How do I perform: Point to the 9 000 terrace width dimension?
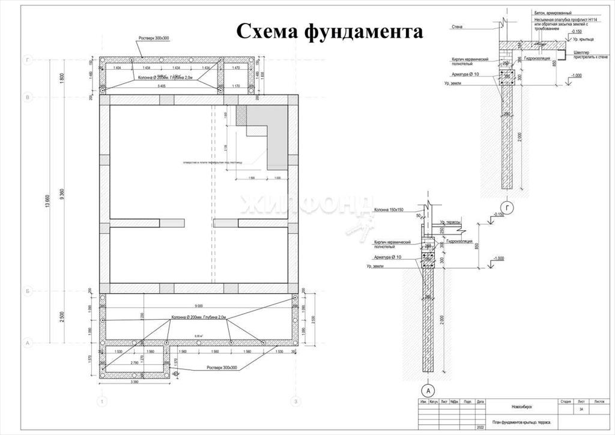[199, 305]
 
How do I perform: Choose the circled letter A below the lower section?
[430, 388]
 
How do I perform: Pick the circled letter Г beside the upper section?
[508, 208]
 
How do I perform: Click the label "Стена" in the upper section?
[458, 26]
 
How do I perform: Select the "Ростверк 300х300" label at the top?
[154, 38]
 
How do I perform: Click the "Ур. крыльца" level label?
[584, 39]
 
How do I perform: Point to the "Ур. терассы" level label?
[450, 222]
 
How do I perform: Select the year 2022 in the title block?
[480, 428]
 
